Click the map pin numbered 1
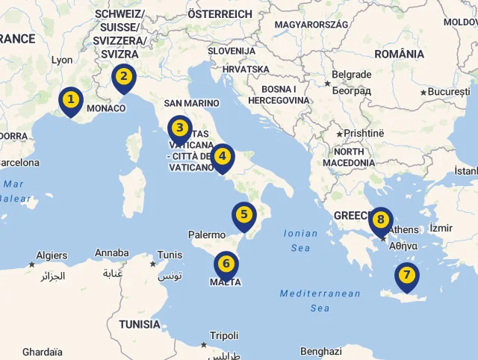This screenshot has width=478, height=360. pos(70,100)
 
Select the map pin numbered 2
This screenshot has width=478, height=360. pos(123,77)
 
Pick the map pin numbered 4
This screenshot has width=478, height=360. pos(222,158)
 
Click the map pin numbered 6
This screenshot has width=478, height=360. pos(226,265)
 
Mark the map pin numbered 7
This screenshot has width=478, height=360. pos(406,276)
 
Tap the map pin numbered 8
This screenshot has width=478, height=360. pos(380,220)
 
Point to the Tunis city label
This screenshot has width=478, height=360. pos(170,255)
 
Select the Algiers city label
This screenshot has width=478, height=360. pos(52,255)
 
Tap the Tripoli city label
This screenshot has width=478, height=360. pos(224,335)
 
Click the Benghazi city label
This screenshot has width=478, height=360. pos(320,351)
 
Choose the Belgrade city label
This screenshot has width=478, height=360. pos(351,75)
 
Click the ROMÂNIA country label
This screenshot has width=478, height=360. pos(400,54)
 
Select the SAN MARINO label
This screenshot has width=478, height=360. pos(192,103)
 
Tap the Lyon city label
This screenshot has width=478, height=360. pos(62,60)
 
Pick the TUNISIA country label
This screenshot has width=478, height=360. pos(139,324)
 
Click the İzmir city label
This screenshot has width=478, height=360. pos(441,227)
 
